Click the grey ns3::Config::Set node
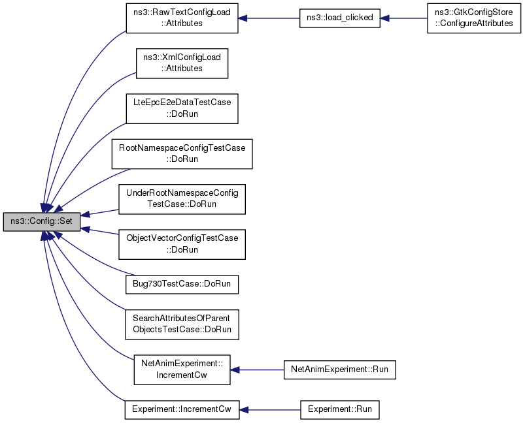42,221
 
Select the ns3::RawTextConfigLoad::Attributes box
182,18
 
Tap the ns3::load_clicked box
340,18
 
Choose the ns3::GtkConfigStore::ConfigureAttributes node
474,18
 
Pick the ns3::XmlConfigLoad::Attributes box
182,63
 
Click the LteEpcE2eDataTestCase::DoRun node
182,108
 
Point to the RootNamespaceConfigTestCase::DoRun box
182,154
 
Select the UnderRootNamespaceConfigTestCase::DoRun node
182,199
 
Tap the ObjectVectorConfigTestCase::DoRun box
182,244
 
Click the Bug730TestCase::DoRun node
182,284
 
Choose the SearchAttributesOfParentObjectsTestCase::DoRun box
182,324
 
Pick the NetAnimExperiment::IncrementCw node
182,369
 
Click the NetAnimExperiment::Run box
340,369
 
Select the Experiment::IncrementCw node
182,410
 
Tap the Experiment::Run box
340,410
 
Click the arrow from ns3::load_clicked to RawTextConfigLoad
269,18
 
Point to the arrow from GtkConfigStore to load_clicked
404,18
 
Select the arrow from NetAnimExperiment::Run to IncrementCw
257,370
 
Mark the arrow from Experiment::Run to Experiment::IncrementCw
270,410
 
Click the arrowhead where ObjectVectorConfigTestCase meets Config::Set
85,229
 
